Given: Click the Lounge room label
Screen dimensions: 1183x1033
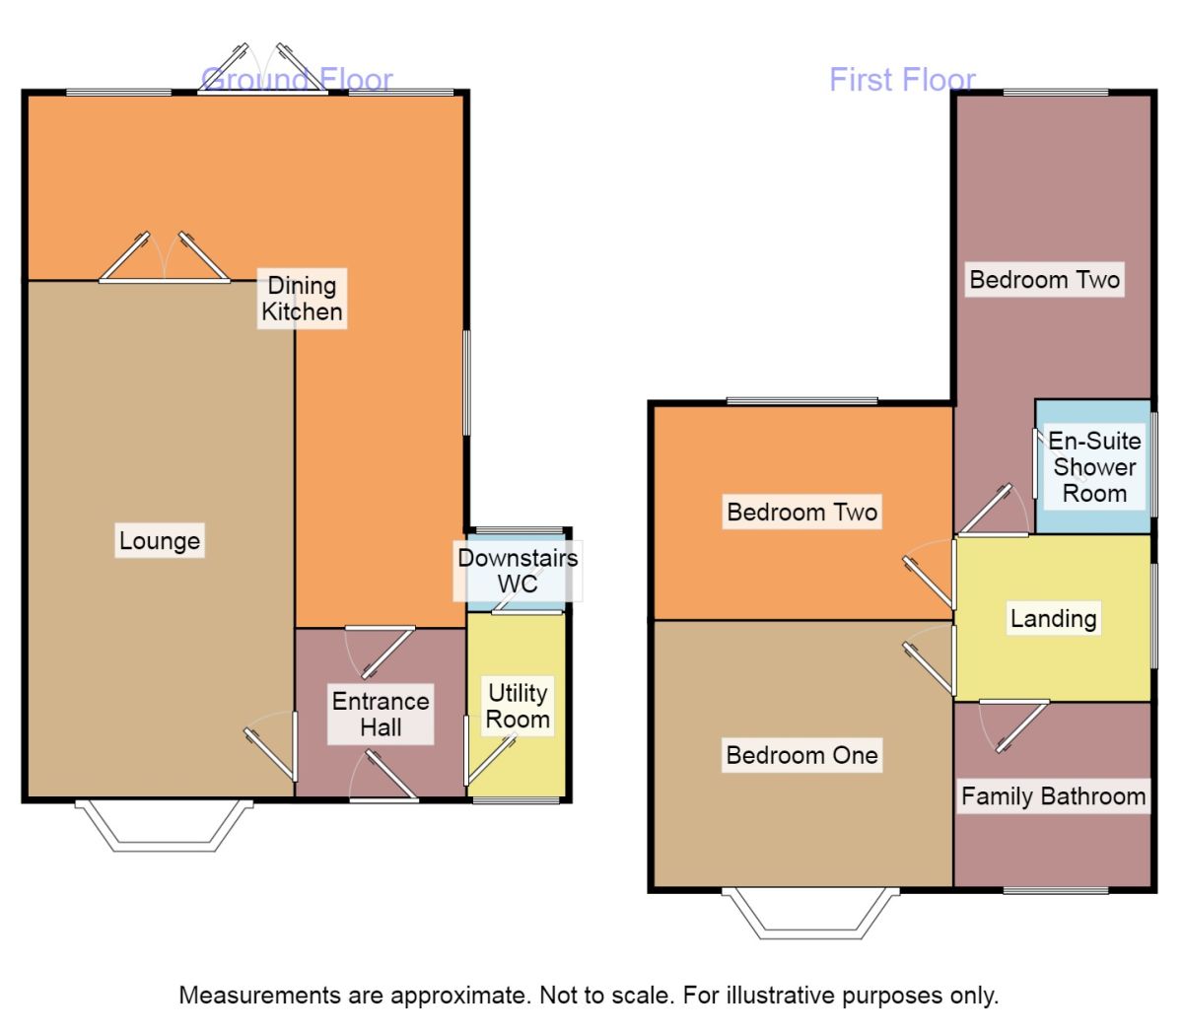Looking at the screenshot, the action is [160, 541].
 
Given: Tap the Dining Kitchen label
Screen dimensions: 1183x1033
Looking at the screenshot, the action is [302, 299].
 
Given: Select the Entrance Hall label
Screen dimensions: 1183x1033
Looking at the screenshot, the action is [381, 715].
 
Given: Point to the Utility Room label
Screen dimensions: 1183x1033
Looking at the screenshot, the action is [518, 706].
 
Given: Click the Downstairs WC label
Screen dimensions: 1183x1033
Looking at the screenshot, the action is [518, 571].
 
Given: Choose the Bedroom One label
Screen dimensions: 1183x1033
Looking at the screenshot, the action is [801, 756].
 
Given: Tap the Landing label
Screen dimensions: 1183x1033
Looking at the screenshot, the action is [1053, 619].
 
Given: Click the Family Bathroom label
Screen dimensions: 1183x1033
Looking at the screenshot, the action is [1054, 796].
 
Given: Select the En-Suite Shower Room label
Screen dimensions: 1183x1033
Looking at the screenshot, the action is [1094, 467].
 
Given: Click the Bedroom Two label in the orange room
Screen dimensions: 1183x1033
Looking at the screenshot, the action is [801, 513].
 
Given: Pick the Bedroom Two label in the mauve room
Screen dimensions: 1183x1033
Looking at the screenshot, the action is [1044, 280].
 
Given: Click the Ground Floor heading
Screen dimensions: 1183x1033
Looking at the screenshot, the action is [297, 79].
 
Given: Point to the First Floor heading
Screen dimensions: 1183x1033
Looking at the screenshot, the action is [902, 79].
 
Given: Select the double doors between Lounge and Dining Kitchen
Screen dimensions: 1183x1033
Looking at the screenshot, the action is [164, 261].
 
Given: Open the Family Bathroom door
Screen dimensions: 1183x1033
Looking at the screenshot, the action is [1015, 724].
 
